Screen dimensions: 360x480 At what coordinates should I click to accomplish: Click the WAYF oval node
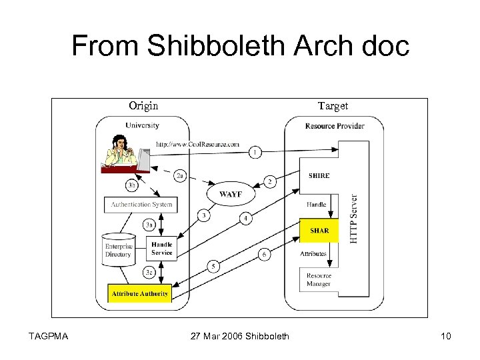[230, 194]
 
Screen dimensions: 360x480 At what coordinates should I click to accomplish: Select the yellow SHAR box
[319, 231]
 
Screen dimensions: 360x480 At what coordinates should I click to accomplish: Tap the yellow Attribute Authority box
[140, 293]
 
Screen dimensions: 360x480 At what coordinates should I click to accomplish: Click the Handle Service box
[161, 249]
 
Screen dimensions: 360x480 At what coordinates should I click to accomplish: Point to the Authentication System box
[141, 205]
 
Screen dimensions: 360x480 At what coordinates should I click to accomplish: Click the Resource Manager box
[319, 280]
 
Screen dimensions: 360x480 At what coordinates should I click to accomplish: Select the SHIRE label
[319, 176]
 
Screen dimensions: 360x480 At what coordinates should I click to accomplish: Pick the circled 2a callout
[180, 176]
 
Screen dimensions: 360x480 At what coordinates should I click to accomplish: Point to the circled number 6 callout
[264, 254]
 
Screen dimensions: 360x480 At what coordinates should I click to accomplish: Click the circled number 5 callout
[213, 266]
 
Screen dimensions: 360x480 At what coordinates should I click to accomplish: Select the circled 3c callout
[149, 272]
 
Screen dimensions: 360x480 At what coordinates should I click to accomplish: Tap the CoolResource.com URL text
[198, 144]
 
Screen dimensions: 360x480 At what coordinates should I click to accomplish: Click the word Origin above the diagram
[143, 106]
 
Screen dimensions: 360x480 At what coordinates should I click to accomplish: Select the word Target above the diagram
[333, 106]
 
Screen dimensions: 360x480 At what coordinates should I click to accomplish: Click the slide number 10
[445, 336]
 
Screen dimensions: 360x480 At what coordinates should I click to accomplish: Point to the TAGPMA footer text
[48, 336]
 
